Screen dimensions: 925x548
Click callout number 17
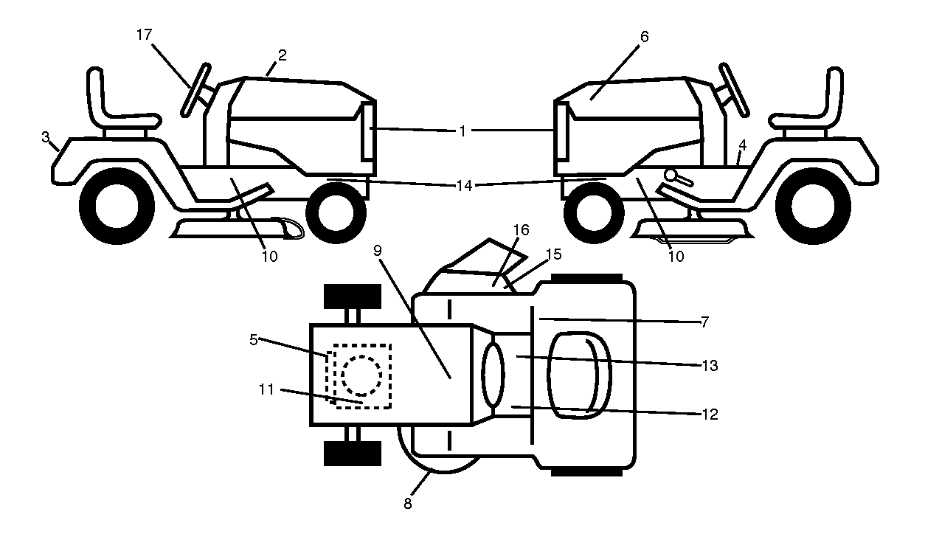point(144,35)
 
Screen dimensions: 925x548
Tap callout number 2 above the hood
point(283,55)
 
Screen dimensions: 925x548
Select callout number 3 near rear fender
point(46,136)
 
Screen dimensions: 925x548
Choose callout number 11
point(266,389)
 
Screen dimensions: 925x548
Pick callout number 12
point(710,415)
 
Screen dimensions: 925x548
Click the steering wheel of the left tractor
point(196,90)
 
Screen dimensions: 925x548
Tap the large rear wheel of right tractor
point(813,206)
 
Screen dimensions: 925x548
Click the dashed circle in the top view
point(361,375)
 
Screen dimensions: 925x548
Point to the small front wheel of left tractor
point(336,213)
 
